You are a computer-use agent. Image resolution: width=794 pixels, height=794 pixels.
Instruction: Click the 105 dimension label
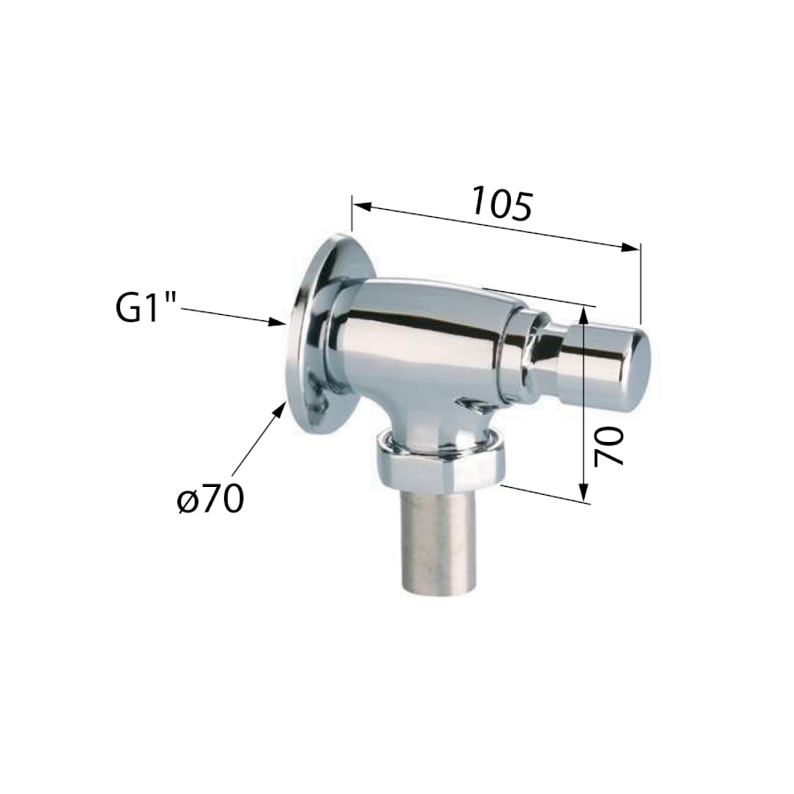tap(502, 204)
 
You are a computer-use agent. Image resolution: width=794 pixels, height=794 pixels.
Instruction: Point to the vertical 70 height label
tap(609, 446)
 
